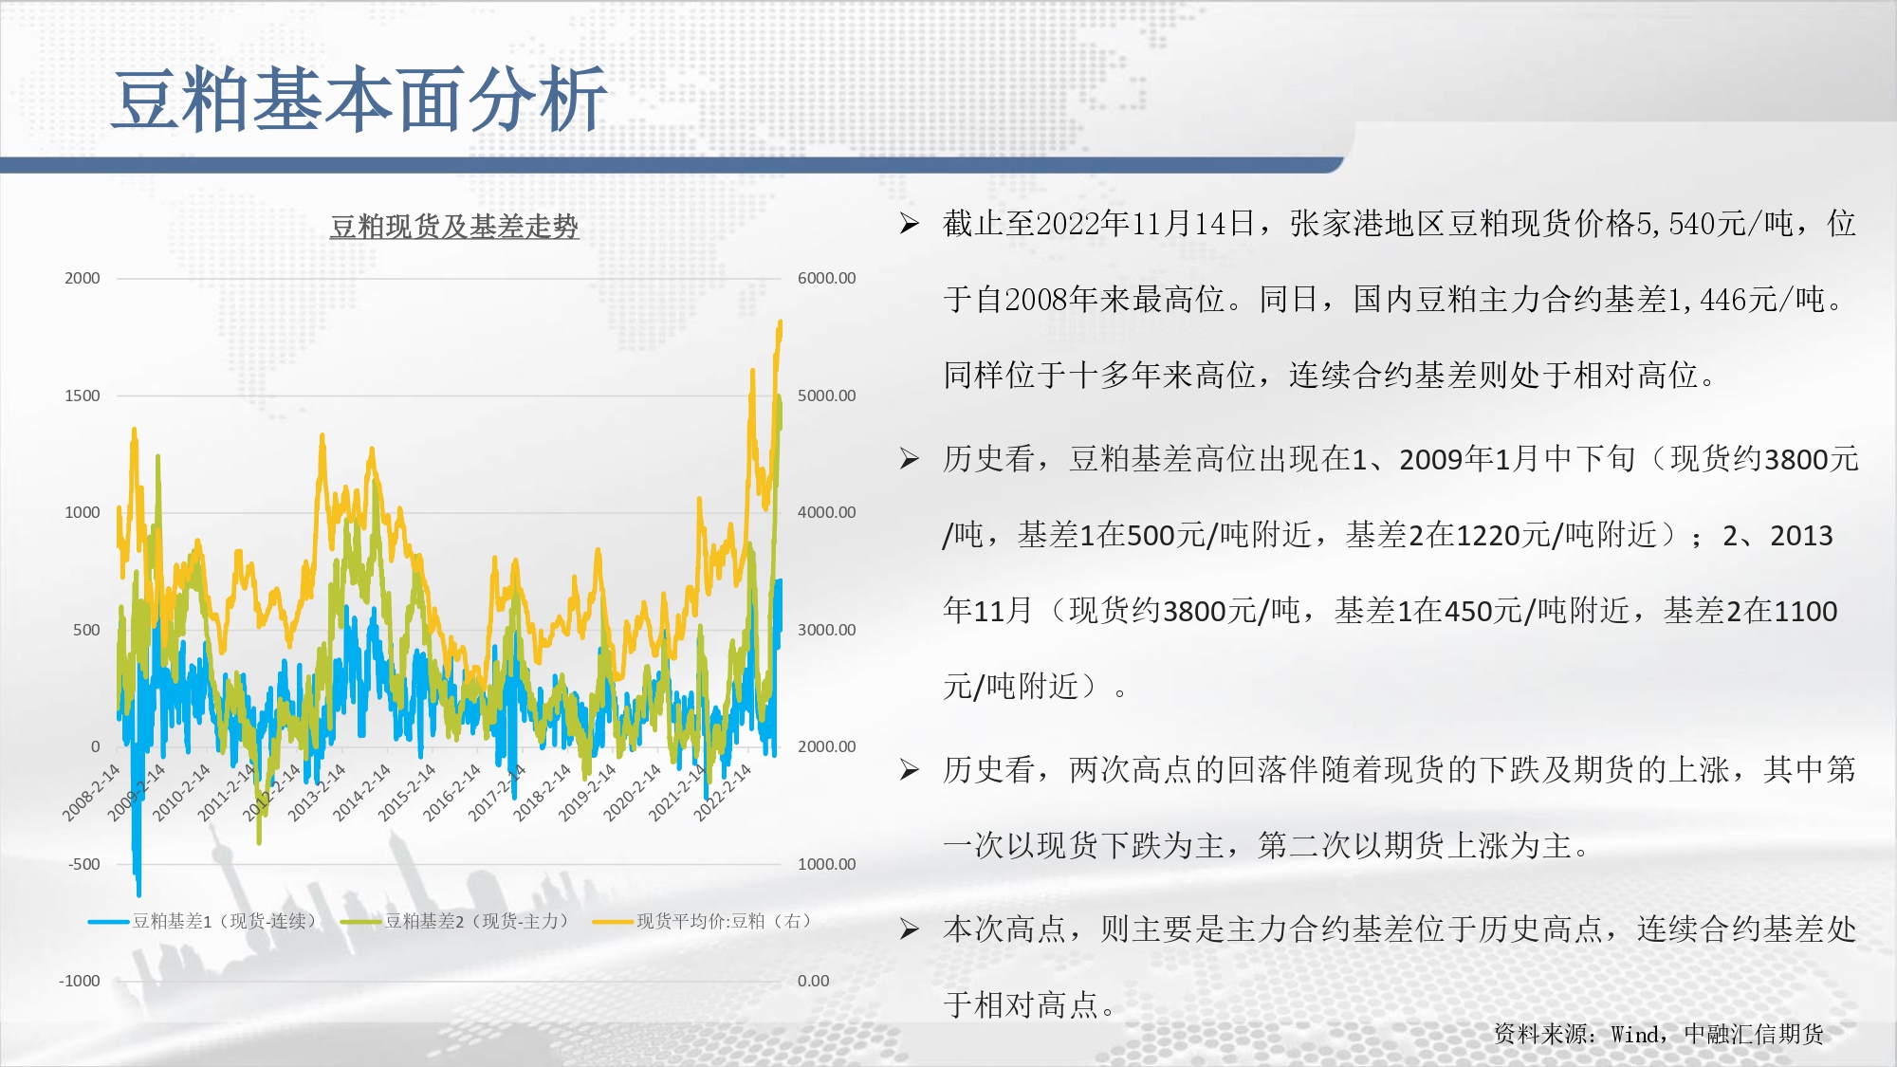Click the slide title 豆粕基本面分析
tap(359, 100)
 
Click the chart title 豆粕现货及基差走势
tap(454, 227)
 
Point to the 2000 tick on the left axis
tap(82, 278)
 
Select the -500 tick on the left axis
tap(83, 864)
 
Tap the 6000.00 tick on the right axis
tap(826, 278)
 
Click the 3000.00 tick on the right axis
tap(826, 630)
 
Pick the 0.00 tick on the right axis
tap(813, 981)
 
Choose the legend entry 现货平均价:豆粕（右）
tap(702, 921)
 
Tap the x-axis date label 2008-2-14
tap(91, 793)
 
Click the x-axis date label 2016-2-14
tap(451, 793)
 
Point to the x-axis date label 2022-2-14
tap(722, 793)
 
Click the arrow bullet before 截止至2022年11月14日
tap(910, 224)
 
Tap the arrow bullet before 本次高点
tap(910, 929)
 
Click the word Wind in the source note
tap(1635, 1035)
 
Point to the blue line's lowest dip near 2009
tap(138, 892)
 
